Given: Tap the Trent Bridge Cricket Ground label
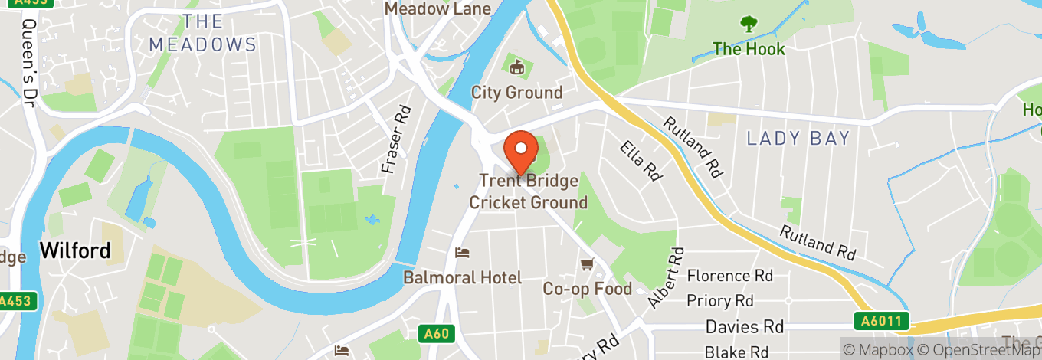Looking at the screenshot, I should pos(528,191).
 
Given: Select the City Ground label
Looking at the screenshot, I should pos(516,93).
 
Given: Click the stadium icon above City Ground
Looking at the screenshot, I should pos(516,68).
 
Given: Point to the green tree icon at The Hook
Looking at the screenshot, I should pos(749,25).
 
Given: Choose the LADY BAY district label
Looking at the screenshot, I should pos(798,139).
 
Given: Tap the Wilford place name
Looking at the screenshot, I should pos(75,250).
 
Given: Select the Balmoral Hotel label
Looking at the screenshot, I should pos(463,277).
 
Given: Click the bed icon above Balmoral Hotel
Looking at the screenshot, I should pos(462,252).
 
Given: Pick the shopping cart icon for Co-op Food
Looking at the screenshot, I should pos(588,264).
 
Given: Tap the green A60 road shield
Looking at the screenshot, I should pos(437,333).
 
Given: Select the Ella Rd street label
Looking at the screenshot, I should pos(641,160).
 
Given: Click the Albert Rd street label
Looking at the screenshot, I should pos(664,277).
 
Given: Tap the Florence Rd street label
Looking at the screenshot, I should pos(729,275).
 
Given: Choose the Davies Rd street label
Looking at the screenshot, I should pos(744,327).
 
